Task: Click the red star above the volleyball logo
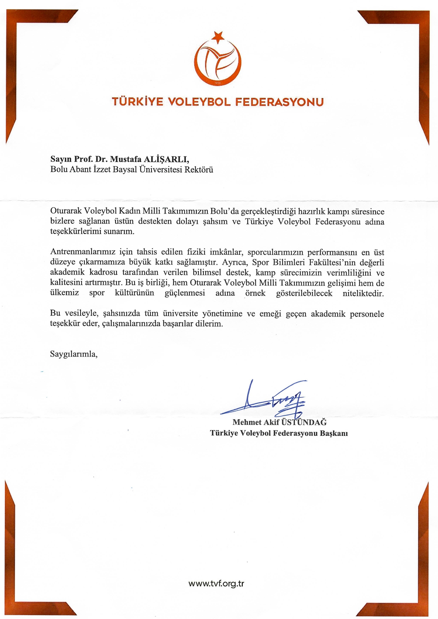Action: pos(218,36)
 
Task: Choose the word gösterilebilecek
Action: pos(304,293)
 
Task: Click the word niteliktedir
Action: pos(363,293)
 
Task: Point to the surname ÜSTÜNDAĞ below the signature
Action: pos(304,422)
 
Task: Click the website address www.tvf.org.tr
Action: pos(217,583)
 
